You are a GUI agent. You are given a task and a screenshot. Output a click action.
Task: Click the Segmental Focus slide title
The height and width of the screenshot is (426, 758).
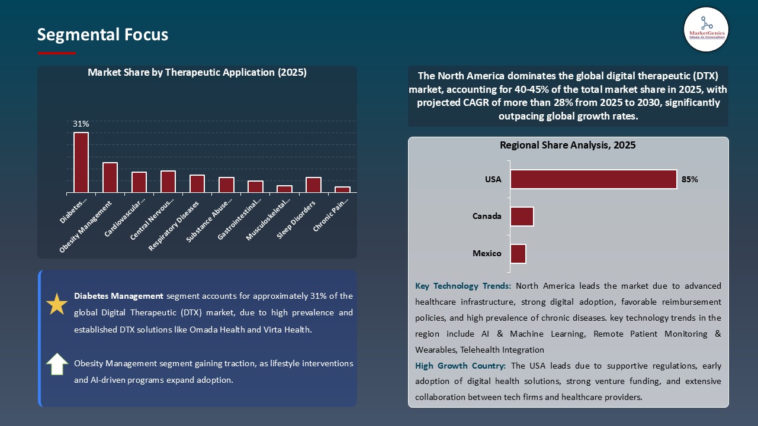tap(102, 35)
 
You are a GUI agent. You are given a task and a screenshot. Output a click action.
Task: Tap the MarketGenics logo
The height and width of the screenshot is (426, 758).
tap(706, 29)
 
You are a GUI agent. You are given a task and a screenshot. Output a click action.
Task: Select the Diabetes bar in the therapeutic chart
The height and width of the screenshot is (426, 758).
tap(81, 162)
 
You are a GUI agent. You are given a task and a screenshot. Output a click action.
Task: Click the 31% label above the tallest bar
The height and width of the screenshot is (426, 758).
tap(81, 124)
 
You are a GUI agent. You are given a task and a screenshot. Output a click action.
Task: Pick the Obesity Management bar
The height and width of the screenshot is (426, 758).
tap(110, 177)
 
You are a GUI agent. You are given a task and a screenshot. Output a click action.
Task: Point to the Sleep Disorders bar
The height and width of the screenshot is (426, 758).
tap(313, 185)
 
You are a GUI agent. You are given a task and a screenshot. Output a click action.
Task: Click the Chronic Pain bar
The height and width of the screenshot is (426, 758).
tap(342, 189)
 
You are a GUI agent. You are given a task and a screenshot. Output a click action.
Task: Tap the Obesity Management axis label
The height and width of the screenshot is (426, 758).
tap(86, 227)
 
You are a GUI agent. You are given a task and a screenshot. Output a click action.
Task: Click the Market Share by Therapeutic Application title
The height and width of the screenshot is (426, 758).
tap(197, 72)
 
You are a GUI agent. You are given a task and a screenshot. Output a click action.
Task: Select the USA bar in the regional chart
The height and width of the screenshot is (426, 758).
tap(593, 179)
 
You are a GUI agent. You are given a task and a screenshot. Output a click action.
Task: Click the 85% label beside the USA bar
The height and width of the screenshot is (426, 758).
tap(690, 179)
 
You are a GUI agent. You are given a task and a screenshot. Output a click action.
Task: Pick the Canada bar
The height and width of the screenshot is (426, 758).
tap(522, 217)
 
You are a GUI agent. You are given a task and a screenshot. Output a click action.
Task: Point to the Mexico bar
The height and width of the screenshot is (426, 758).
tap(518, 253)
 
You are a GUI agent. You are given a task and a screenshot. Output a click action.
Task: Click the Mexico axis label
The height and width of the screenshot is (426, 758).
tap(487, 253)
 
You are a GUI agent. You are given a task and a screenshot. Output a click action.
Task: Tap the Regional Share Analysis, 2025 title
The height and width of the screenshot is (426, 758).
tap(567, 145)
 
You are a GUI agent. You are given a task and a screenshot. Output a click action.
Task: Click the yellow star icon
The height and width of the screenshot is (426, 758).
tap(57, 304)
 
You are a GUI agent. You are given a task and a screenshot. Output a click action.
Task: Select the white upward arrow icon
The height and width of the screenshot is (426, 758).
tap(57, 364)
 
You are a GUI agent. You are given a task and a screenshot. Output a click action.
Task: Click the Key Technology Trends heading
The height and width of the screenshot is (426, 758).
tap(463, 286)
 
